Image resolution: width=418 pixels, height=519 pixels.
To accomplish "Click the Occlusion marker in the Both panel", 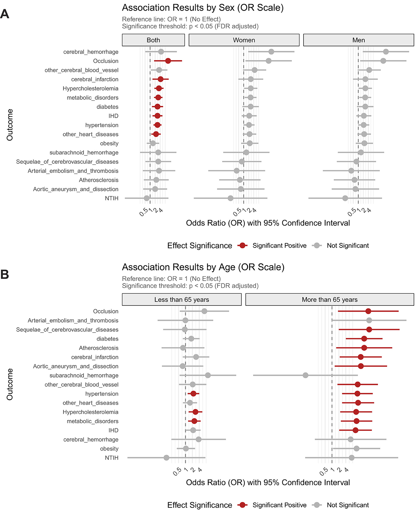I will (168, 61).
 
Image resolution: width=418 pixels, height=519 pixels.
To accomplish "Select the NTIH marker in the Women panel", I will (231, 198).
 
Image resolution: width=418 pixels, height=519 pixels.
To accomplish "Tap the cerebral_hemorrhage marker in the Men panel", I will (386, 52).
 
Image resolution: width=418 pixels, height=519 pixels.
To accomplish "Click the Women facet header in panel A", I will (244, 40).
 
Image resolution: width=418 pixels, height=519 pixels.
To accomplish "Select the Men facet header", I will (358, 40).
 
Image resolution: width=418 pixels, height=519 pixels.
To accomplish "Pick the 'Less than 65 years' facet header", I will (182, 300).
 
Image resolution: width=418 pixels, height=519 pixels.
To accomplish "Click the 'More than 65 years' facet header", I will (330, 300).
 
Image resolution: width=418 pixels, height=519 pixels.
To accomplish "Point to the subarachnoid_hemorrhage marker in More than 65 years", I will (305, 375).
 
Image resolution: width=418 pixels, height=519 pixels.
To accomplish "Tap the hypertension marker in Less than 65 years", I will (193, 394).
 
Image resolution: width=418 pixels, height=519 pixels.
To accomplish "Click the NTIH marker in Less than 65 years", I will (167, 458).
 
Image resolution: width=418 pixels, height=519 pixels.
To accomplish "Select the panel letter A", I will (5, 14).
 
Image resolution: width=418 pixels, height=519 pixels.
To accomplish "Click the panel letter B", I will (5, 274).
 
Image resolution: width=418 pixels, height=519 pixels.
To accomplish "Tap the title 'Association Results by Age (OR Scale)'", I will (203, 267).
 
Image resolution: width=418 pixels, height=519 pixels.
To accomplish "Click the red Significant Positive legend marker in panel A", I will (243, 245).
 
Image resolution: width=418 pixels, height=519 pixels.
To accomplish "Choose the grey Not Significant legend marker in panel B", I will (317, 505).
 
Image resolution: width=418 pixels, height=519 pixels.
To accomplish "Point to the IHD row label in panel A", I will (113, 116).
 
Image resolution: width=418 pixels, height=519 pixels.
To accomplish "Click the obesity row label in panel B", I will (109, 449).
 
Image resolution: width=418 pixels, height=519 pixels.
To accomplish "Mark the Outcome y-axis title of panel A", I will (10, 125).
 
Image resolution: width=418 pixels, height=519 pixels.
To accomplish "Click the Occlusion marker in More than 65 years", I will (368, 311).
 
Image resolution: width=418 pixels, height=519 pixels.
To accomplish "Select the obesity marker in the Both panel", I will (153, 143).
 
